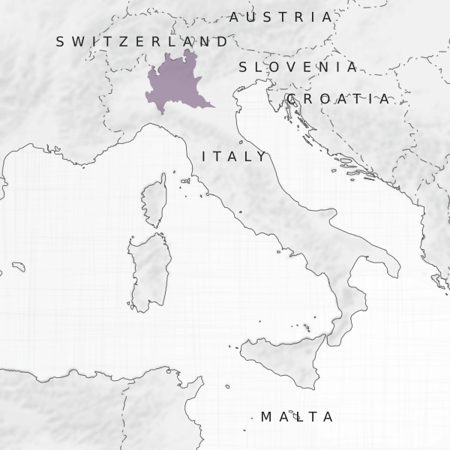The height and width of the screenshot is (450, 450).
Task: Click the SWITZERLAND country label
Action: point(142,42)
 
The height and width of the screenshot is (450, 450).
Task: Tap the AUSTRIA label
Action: point(280,16)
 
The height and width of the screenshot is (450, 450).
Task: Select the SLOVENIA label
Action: point(298,67)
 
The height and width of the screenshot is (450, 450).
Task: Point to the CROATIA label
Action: point(338,99)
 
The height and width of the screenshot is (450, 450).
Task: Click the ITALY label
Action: point(234,157)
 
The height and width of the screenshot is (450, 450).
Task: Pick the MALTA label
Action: point(297,417)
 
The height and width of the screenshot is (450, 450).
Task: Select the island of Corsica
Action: point(155,200)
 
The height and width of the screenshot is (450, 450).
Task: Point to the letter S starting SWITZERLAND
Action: point(61,42)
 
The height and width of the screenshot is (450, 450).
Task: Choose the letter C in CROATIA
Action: point(292,99)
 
